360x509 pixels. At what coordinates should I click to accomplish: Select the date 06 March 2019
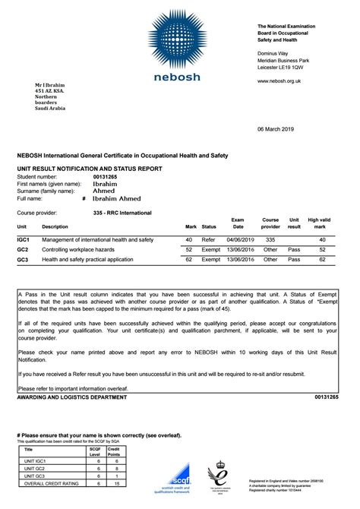click(314, 129)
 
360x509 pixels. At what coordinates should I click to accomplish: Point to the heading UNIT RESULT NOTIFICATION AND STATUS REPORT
click(90, 167)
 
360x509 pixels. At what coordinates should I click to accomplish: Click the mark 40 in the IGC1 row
click(189, 239)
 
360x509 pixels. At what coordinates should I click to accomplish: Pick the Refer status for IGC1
click(209, 239)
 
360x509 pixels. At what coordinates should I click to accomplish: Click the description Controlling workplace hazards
click(79, 249)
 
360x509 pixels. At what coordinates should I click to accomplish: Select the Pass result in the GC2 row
click(295, 249)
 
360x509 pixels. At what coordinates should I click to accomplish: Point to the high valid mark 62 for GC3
click(322, 259)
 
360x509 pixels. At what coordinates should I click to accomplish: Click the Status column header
click(209, 226)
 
